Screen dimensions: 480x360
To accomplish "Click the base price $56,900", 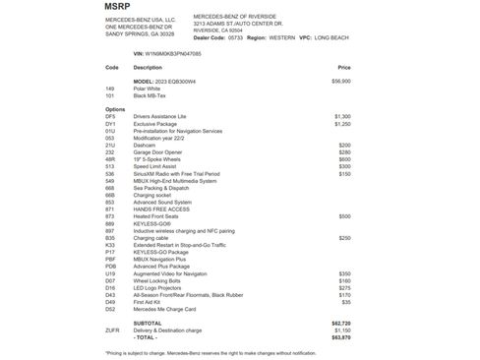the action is [341, 81].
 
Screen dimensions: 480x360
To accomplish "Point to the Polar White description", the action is [149, 88].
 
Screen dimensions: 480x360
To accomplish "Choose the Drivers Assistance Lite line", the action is [162, 116].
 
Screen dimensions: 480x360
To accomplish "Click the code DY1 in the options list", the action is [110, 124].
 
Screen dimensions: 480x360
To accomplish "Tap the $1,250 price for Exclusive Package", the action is [342, 124].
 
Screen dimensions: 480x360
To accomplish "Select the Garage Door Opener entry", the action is [157, 152].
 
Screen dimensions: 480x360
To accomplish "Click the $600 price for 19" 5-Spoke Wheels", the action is [344, 159].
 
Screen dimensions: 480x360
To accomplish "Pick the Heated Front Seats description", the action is [156, 215].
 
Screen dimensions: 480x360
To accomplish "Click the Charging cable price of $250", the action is [344, 238].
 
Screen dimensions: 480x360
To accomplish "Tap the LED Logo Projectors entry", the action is [157, 288].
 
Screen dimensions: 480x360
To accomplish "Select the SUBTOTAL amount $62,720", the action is [341, 322].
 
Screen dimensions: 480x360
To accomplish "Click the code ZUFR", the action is [111, 330].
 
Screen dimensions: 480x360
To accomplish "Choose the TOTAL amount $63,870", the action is [341, 336].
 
